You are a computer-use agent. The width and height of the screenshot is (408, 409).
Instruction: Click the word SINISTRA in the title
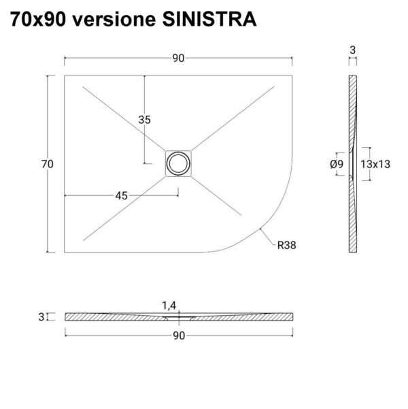pos(209,19)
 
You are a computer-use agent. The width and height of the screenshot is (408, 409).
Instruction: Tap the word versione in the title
pos(114,19)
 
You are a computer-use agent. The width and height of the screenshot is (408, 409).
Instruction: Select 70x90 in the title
pos(38,19)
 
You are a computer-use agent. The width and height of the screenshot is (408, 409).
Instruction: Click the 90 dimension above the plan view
pos(178,58)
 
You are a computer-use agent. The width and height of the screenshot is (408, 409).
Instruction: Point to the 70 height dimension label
pos(47,164)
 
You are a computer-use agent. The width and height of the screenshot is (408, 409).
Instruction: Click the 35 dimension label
pos(144,120)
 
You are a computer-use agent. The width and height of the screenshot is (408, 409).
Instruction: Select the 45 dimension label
pos(122,195)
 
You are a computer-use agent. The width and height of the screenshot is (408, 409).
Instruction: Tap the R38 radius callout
pos(286,245)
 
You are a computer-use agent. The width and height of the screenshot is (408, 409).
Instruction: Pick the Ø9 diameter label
pos(337,164)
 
